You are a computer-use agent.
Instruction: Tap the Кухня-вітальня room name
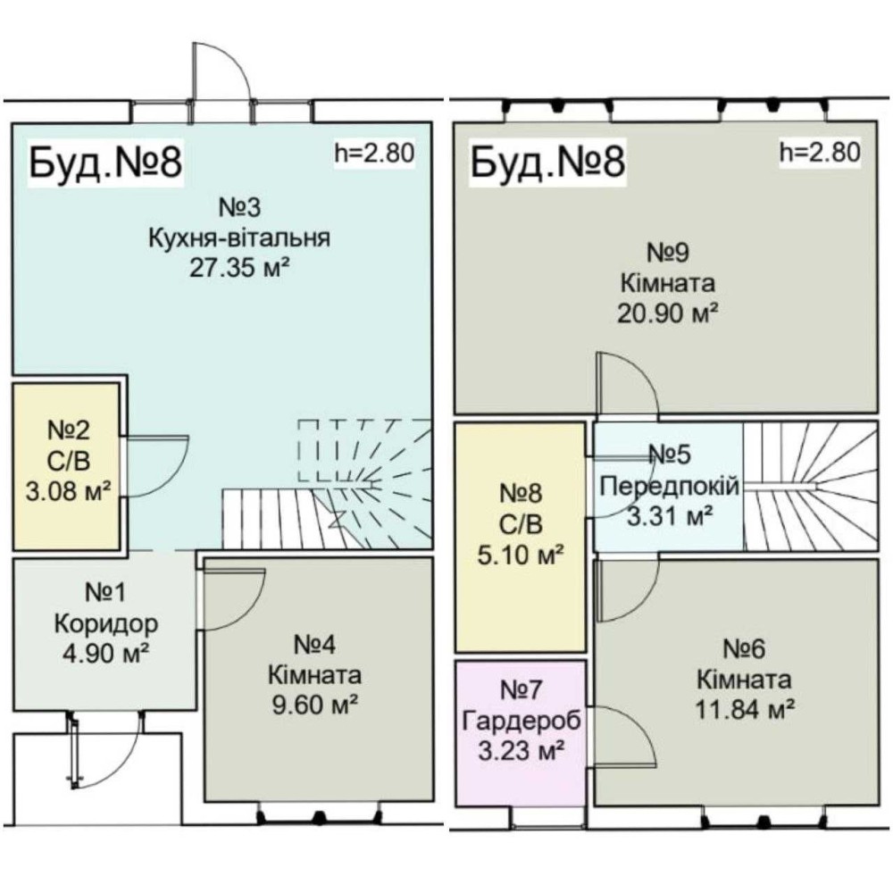(x=238, y=238)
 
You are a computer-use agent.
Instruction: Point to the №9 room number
(x=668, y=255)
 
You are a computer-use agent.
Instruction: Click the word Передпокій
(x=670, y=486)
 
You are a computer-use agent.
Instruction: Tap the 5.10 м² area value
(x=522, y=555)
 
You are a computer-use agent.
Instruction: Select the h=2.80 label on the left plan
(x=374, y=153)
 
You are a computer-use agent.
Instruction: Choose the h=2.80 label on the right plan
(x=820, y=153)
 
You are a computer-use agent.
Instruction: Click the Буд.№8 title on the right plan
(x=546, y=163)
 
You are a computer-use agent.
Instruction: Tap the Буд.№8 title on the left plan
(x=107, y=163)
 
